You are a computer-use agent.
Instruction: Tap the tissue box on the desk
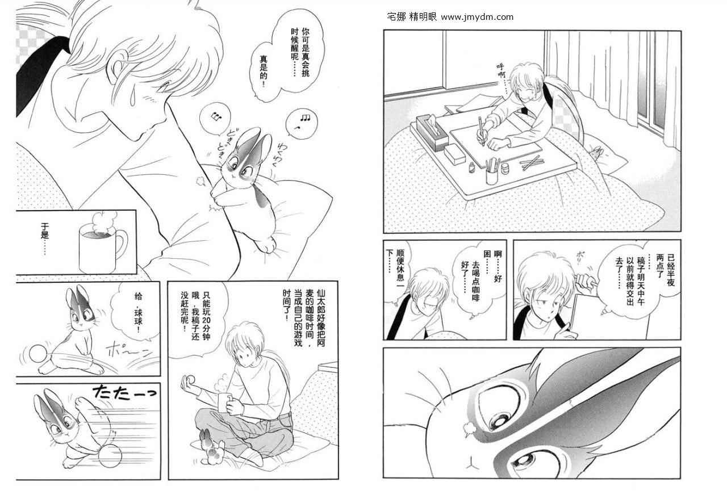pyautogui.click(x=432, y=132)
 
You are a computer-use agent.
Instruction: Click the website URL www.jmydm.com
pyautogui.click(x=477, y=17)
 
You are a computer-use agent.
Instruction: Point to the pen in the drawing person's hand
pyautogui.click(x=481, y=132)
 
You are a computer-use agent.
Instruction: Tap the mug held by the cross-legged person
pyautogui.click(x=227, y=403)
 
